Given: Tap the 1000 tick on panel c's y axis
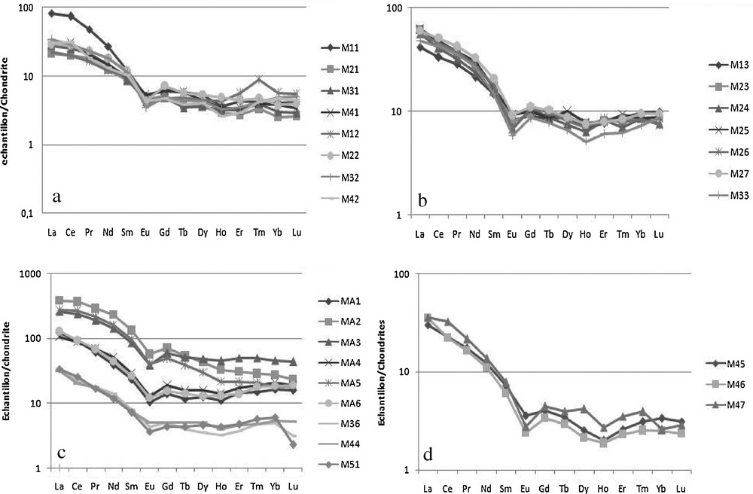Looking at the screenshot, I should (x=29, y=276).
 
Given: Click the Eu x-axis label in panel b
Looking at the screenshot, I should (x=513, y=233).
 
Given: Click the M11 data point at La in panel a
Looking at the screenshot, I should (x=51, y=13).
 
